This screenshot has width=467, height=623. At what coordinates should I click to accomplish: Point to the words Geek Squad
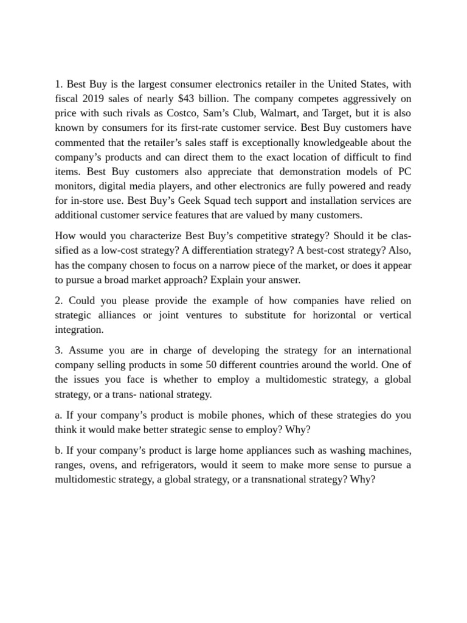coord(193,200)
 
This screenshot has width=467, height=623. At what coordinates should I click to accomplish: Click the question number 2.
coord(58,300)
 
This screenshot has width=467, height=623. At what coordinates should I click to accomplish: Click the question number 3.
coord(58,350)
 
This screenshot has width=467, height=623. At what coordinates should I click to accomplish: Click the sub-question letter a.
coord(58,415)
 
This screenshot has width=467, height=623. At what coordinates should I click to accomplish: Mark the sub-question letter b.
coord(58,450)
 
